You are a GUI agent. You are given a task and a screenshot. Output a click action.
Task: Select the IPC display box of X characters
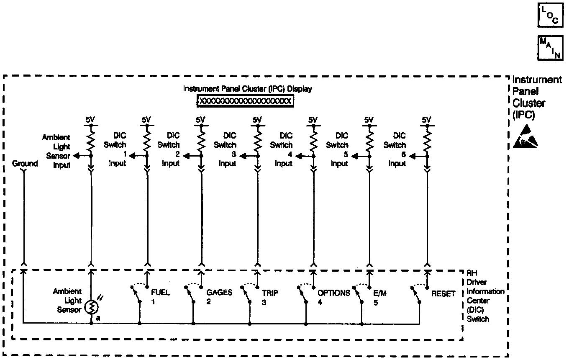[245, 101]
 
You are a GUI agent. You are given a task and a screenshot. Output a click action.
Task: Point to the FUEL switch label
[160, 293]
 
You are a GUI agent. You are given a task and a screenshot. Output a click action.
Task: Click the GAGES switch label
[219, 293]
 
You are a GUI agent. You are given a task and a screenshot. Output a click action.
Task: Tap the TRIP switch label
[270, 293]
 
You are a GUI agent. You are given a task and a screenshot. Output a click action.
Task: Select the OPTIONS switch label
[333, 293]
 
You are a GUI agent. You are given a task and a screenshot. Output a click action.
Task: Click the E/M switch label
[379, 293]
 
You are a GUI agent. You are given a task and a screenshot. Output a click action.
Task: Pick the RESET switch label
[443, 293]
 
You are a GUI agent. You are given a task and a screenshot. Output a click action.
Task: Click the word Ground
[25, 164]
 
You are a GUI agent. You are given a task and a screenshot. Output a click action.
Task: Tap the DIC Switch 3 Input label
[227, 149]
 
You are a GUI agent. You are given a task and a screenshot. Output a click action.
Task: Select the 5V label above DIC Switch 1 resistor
[146, 120]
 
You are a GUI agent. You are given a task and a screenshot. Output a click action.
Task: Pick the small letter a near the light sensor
[97, 319]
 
